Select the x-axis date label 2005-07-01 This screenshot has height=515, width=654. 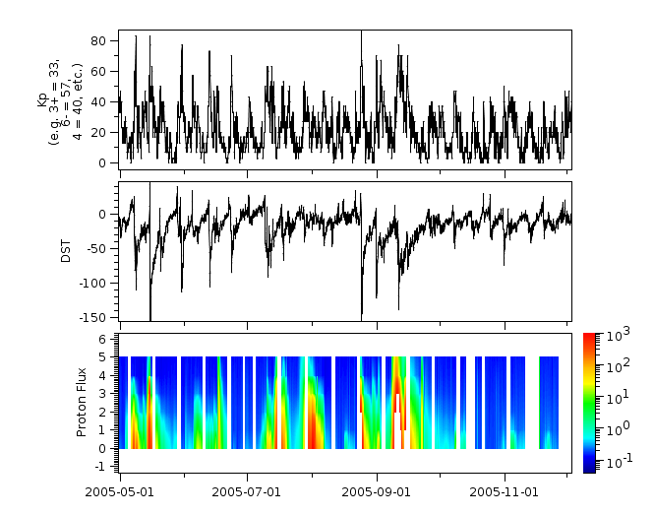(x=247, y=489)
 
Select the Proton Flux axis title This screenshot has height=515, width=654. (x=83, y=403)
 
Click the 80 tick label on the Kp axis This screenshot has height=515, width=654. (x=98, y=41)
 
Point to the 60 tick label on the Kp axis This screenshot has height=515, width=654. (x=98, y=72)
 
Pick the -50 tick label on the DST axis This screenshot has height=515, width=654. (x=97, y=248)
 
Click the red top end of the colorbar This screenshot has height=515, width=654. (x=589, y=338)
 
